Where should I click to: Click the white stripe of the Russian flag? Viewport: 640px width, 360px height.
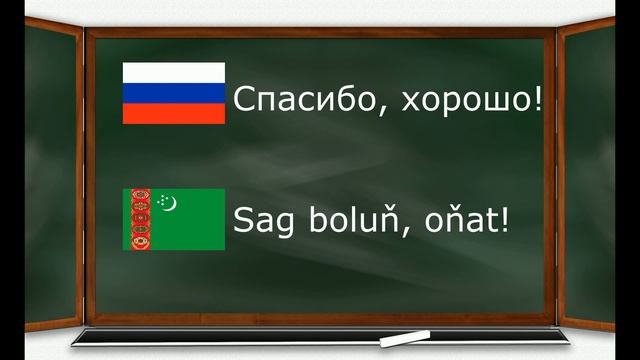(173, 72)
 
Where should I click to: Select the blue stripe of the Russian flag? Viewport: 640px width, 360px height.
(173, 93)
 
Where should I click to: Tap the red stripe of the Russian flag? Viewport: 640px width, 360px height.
(173, 113)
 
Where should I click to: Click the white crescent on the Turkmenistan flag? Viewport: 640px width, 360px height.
(170, 205)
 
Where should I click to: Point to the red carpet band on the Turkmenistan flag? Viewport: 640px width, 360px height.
(139, 220)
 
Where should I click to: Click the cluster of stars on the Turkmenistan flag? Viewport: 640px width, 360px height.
(160, 203)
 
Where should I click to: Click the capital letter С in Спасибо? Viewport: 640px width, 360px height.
(243, 100)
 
